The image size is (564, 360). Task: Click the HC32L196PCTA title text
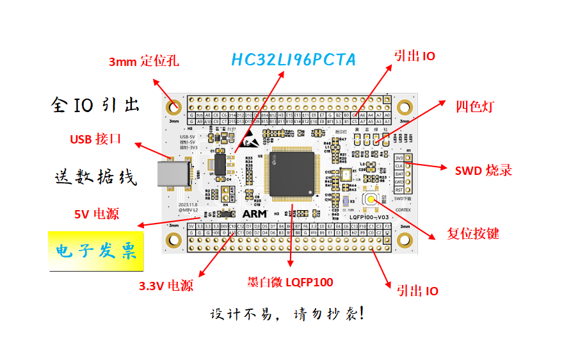coord(293,60)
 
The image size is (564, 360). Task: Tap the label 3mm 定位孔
coord(143,61)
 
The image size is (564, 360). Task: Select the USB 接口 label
coord(95,139)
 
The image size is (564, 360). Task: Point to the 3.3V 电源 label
coord(166,286)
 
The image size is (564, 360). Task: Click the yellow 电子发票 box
coord(96,250)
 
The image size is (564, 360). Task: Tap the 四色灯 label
coord(474,106)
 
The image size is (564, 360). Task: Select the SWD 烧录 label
coord(483,170)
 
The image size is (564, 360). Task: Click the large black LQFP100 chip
coord(294,172)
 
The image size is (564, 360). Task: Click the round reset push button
coord(371,199)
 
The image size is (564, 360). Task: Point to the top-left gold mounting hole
coord(173,107)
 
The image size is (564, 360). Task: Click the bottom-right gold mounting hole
coord(404,240)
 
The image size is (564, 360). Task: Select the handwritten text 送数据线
coord(95,177)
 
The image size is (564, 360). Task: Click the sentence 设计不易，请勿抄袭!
coord(287,315)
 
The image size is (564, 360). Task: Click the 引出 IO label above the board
coord(414,56)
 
